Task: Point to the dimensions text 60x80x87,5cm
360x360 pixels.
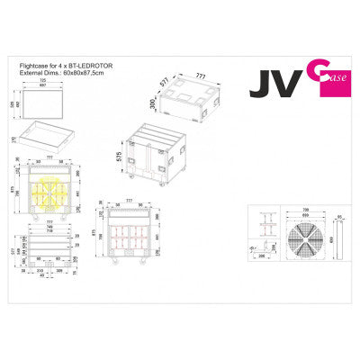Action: pyautogui.click(x=70, y=72)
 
